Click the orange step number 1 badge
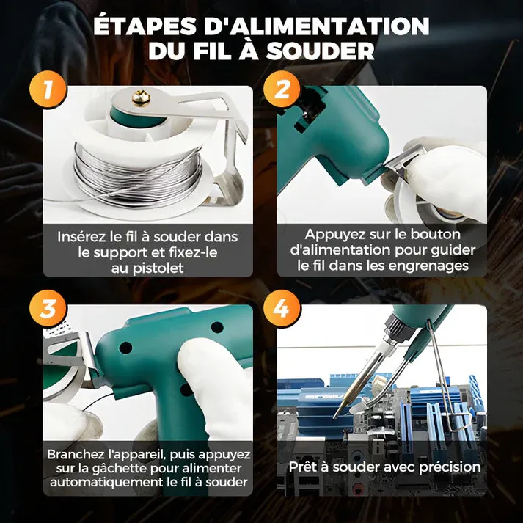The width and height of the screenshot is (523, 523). (48, 91)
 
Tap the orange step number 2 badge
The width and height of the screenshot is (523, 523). (282, 91)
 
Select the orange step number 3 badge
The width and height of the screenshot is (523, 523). (48, 309)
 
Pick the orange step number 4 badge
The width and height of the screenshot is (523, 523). (282, 309)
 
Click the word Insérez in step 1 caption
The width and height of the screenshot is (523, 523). (81, 237)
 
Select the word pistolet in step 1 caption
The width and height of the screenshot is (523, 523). (159, 268)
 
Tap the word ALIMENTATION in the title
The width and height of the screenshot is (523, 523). (315, 26)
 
